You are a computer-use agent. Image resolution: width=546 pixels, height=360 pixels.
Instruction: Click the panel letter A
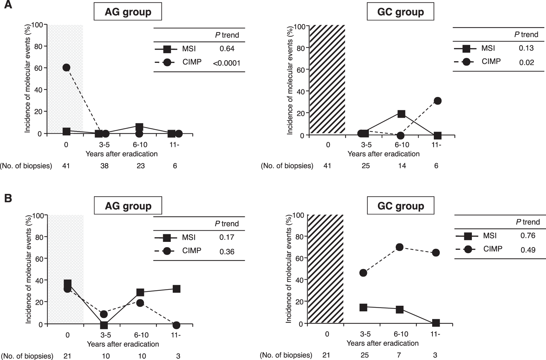click(x=8, y=6)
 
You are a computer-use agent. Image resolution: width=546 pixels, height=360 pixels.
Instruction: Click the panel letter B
click(x=8, y=199)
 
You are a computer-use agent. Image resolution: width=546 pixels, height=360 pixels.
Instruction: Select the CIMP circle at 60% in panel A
click(x=66, y=67)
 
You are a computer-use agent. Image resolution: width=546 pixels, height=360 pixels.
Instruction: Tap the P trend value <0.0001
click(x=226, y=63)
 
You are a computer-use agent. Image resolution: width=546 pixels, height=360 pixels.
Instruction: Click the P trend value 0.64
click(x=227, y=49)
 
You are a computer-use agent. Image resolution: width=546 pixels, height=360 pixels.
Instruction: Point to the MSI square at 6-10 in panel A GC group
click(x=401, y=114)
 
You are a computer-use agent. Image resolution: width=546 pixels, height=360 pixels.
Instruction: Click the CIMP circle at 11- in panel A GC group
click(x=437, y=101)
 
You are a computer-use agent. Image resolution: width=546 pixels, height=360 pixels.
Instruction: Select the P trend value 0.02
click(x=526, y=62)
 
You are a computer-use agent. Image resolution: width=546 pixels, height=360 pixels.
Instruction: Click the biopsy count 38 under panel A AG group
click(x=104, y=166)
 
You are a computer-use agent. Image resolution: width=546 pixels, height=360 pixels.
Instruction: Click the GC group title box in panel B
click(x=400, y=206)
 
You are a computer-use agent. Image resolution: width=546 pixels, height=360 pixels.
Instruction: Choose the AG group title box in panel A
click(x=128, y=12)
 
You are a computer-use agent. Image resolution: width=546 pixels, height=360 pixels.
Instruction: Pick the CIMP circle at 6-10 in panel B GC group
click(x=399, y=247)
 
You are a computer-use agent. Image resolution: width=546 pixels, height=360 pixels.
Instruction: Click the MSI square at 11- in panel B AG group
click(x=176, y=289)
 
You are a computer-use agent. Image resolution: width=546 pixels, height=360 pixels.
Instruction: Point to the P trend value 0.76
click(x=528, y=236)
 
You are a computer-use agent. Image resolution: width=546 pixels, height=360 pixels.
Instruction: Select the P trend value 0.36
click(x=227, y=252)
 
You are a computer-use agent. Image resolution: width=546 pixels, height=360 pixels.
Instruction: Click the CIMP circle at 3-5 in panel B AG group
click(x=104, y=314)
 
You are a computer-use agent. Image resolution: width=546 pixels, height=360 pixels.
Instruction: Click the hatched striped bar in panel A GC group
click(x=327, y=79)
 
